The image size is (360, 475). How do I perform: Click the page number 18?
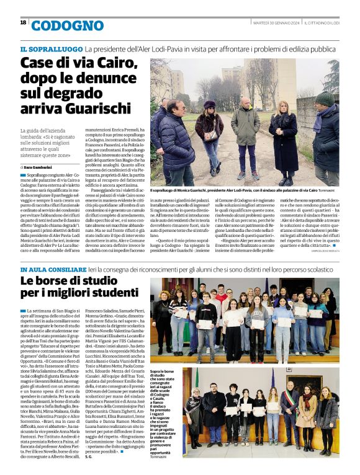[x=23, y=22]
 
